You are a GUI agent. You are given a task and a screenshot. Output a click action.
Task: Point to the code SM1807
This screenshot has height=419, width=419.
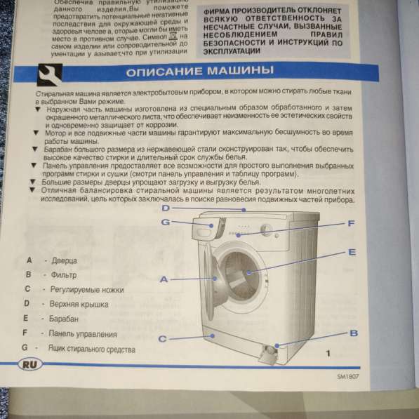pos(352,377)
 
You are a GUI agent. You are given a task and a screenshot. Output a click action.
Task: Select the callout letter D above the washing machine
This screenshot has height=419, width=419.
pos(166,208)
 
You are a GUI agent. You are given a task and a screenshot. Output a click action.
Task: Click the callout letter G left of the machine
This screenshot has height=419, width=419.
pos(166,222)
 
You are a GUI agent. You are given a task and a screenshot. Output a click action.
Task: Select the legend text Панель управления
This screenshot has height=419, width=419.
pos(83,333)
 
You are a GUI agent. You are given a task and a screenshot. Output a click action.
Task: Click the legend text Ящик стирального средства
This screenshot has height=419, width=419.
pos(91,348)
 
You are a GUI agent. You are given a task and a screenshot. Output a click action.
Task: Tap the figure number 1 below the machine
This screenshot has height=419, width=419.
pos(327,352)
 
